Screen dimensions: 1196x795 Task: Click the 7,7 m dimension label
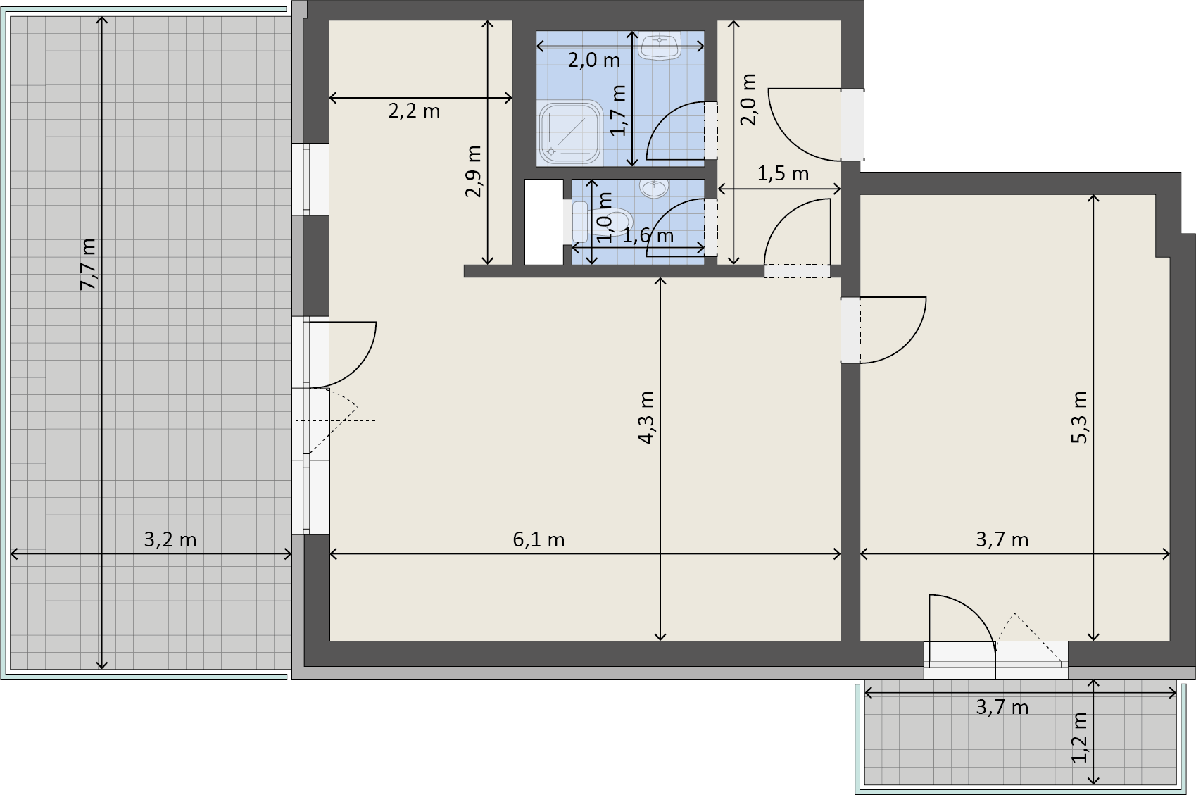(87, 265)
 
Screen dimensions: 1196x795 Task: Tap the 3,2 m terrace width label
(170, 539)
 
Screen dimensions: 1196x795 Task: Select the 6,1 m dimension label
(539, 539)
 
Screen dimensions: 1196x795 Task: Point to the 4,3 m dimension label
(646, 418)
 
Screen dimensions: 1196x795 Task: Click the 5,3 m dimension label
(1079, 418)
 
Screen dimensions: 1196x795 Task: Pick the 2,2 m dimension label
(415, 111)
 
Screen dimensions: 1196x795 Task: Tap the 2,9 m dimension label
(473, 172)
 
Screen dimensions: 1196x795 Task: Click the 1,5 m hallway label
(783, 174)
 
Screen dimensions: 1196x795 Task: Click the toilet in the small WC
(603, 222)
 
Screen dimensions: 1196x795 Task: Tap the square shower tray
(570, 132)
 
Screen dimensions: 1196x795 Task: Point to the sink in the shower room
(660, 46)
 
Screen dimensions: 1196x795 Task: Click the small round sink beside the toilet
(654, 188)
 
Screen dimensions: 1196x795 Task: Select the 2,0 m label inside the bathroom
(593, 61)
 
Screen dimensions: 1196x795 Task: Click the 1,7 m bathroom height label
(618, 110)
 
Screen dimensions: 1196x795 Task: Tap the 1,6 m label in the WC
(648, 236)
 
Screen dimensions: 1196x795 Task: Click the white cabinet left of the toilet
(544, 222)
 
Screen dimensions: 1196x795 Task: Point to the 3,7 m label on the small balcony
(1002, 708)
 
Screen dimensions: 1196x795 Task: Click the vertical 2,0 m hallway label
(748, 99)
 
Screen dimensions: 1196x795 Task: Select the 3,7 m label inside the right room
(1002, 539)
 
